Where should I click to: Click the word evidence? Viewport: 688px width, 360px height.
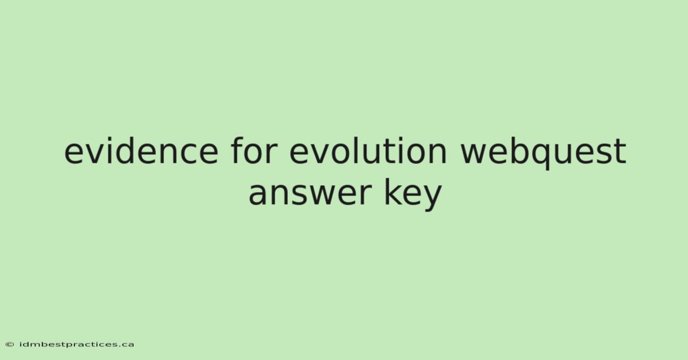[141, 151]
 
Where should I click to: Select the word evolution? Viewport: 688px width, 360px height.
[368, 151]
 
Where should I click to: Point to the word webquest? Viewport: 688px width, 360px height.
[543, 154]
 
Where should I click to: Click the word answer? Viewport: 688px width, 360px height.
[310, 194]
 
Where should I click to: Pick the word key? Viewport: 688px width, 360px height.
[413, 195]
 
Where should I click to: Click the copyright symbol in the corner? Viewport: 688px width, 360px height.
[10, 345]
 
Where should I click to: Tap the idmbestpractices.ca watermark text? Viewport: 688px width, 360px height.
[77, 345]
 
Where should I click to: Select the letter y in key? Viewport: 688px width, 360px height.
[431, 198]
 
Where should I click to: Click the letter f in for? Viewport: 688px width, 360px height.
[238, 151]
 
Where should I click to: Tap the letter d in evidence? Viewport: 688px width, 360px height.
[127, 151]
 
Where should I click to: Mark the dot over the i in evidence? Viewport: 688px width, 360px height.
[108, 139]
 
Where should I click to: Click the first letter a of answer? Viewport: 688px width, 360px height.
[257, 194]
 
